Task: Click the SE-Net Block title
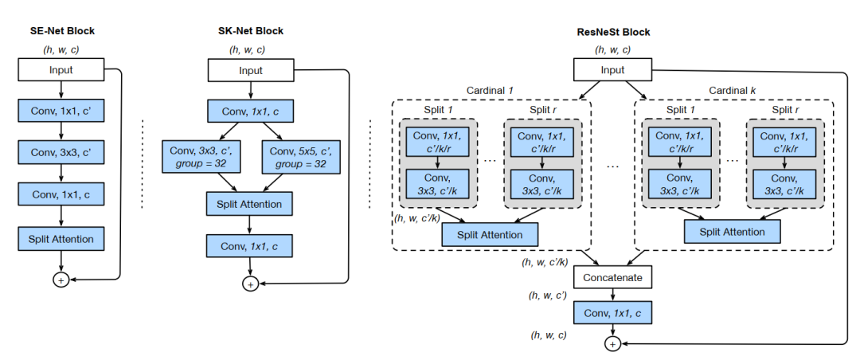tap(61, 31)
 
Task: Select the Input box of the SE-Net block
tap(61, 70)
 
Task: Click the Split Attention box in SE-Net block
tap(61, 238)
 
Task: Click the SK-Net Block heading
tap(250, 31)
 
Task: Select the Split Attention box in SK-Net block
tap(250, 204)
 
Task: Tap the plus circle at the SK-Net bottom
tap(250, 284)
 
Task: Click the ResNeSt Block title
tap(612, 32)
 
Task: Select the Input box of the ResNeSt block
tap(612, 70)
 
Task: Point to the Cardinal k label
tap(733, 92)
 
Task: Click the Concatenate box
tap(612, 277)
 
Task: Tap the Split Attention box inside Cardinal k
tap(732, 232)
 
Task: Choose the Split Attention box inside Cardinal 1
tap(490, 234)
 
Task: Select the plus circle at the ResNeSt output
tap(612, 344)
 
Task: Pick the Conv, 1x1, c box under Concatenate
tap(612, 313)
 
